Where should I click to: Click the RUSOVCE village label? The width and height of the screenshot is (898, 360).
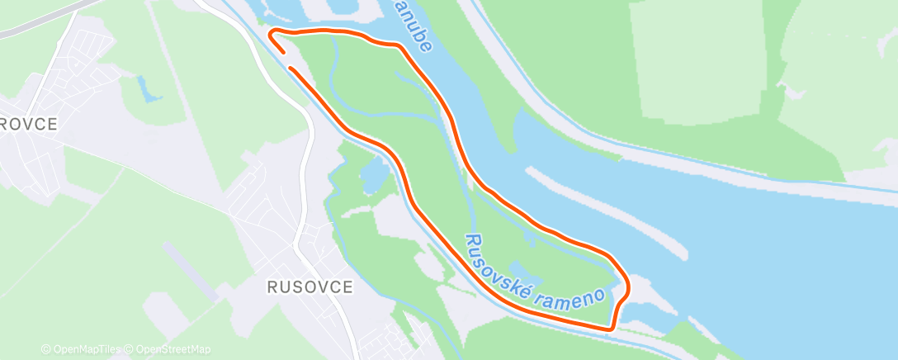310,287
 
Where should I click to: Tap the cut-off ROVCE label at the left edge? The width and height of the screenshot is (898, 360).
29,125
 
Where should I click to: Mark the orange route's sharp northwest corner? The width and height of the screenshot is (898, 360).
272,33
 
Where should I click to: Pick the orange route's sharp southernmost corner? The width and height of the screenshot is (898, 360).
611,329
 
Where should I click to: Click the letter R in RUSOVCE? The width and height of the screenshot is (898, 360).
272,287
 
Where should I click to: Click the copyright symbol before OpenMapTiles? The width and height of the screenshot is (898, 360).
45,349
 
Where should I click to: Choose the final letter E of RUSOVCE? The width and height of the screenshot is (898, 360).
347,287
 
